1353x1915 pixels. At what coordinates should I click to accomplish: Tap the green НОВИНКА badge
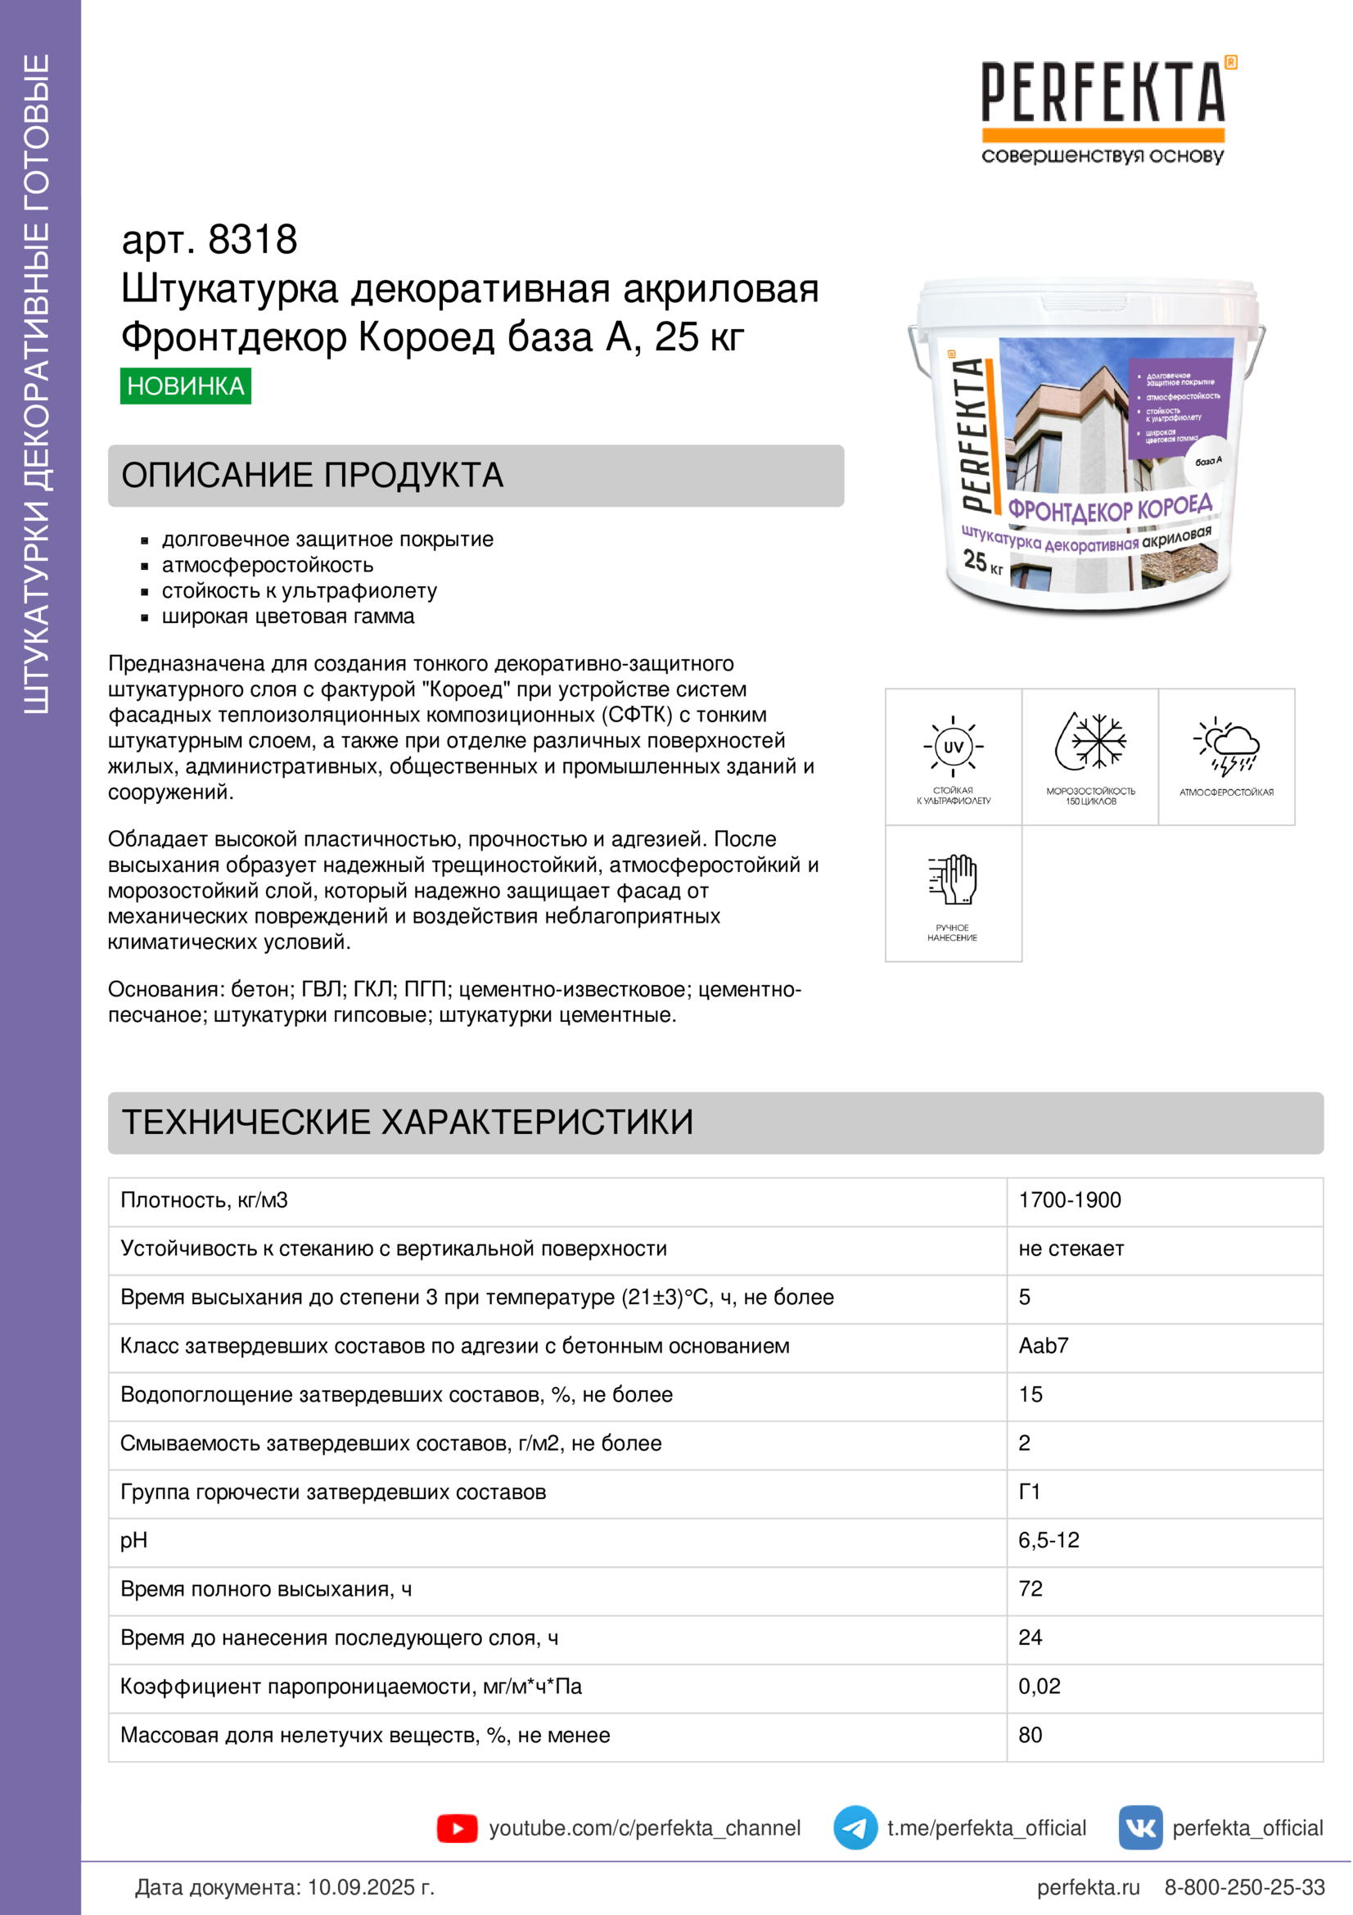(x=185, y=386)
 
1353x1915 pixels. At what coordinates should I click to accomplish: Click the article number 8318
(x=252, y=240)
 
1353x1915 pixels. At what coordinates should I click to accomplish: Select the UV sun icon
(x=953, y=747)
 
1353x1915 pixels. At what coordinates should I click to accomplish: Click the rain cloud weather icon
(x=1226, y=745)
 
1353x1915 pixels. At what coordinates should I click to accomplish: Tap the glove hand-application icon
(x=953, y=879)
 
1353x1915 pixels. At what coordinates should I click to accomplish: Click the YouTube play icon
(x=457, y=1828)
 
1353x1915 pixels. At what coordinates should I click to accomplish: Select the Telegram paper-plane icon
(x=855, y=1828)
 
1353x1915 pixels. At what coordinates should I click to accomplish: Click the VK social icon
(x=1139, y=1828)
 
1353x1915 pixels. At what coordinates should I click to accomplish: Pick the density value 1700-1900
(x=1070, y=1200)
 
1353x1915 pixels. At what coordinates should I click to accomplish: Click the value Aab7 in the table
(x=1043, y=1346)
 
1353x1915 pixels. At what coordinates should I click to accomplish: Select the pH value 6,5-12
(x=1049, y=1541)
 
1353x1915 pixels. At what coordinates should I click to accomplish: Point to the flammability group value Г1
(x=1030, y=1493)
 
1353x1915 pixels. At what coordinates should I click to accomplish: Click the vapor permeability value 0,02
(x=1039, y=1687)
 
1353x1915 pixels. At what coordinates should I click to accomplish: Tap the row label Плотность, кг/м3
(x=205, y=1200)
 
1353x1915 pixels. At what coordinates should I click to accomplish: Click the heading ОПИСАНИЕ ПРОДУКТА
(x=313, y=476)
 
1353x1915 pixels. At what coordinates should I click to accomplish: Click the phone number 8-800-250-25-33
(x=1244, y=1887)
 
